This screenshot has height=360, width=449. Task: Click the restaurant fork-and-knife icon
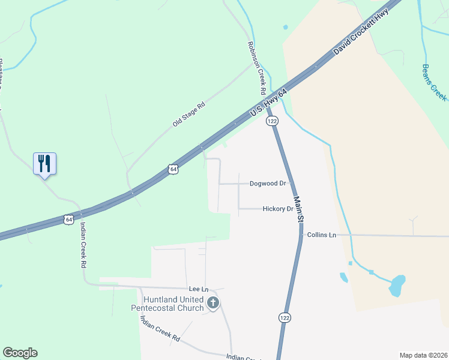44,163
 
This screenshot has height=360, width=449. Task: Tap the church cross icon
212,304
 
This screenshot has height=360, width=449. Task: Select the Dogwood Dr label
267,183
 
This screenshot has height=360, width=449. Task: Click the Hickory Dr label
277,209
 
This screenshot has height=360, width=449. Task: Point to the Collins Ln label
321,235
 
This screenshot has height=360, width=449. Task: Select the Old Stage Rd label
189,113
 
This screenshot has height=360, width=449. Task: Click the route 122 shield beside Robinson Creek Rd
273,121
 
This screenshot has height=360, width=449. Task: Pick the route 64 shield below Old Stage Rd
173,169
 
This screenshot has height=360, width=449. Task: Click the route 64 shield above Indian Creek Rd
70,220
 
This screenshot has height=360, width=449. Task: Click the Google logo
20,353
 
